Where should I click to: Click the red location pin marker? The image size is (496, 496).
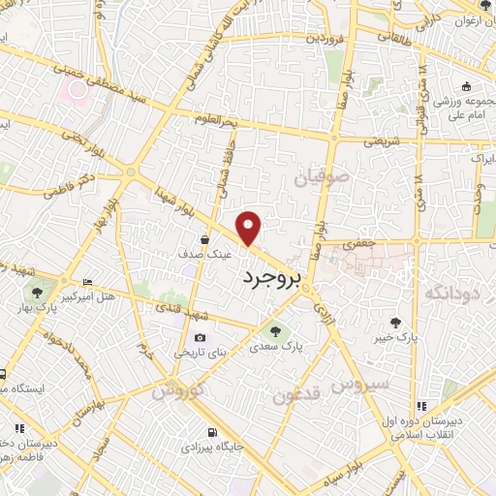[250, 227]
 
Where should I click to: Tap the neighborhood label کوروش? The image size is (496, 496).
[174, 388]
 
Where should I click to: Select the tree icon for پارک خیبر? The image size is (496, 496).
[395, 322]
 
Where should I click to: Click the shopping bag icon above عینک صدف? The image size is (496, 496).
[204, 237]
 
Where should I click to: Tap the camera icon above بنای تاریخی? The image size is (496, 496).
[200, 337]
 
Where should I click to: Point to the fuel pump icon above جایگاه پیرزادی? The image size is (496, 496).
[210, 430]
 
